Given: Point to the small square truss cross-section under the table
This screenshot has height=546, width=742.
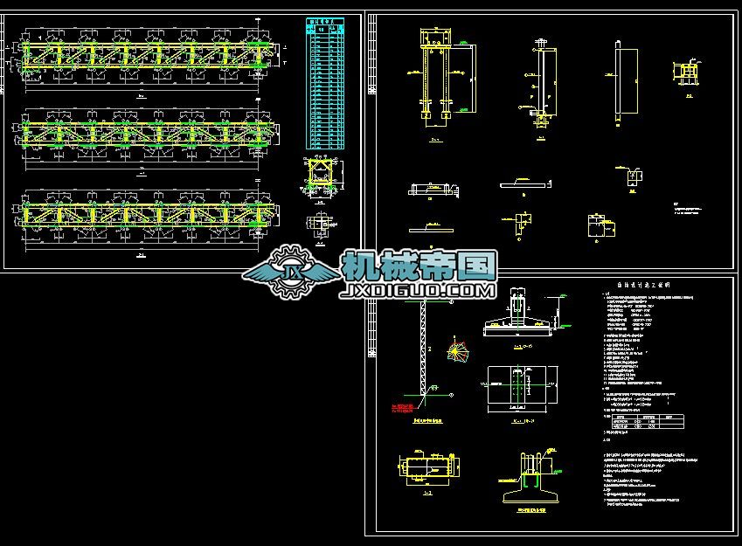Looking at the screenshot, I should pyautogui.click(x=323, y=178).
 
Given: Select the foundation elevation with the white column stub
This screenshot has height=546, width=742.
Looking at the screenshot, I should pyautogui.click(x=518, y=316).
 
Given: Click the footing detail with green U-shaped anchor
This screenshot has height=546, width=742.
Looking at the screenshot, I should pyautogui.click(x=531, y=476).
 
